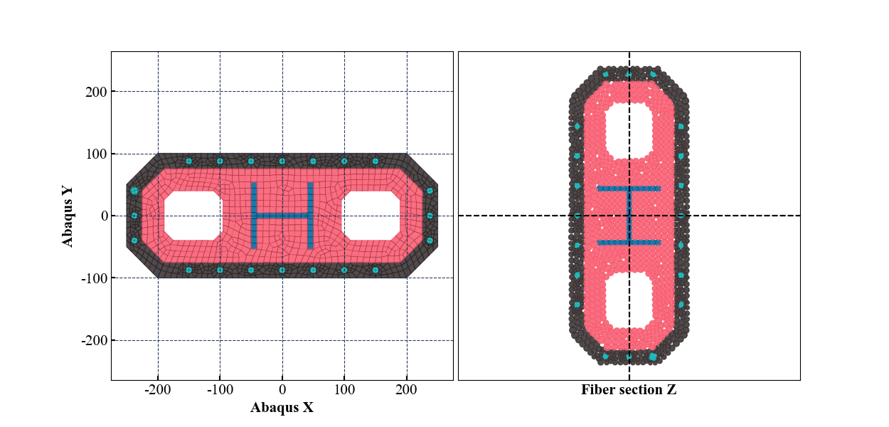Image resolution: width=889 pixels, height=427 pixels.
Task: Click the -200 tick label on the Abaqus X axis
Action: [x=157, y=391]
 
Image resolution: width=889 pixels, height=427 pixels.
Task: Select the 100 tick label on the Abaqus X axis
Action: [x=344, y=391]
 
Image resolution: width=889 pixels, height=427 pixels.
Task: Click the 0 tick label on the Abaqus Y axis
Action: [x=103, y=216]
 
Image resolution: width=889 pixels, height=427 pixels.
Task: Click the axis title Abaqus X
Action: [x=282, y=408]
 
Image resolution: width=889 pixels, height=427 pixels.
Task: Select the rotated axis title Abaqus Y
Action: [x=68, y=216]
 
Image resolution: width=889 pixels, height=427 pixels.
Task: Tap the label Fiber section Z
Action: [x=629, y=389]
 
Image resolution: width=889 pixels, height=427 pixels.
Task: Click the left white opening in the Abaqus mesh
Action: [x=193, y=216]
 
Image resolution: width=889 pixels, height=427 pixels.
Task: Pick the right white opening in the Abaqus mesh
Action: [x=371, y=216]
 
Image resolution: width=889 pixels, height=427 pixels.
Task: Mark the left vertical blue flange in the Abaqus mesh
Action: [x=254, y=216]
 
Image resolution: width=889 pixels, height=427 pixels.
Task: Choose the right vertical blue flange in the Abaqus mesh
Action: [x=310, y=216]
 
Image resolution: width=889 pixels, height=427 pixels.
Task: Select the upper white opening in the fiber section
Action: [x=629, y=129]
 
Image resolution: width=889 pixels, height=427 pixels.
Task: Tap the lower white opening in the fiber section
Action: [x=629, y=302]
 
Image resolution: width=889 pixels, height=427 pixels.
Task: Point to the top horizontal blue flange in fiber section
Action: [x=629, y=189]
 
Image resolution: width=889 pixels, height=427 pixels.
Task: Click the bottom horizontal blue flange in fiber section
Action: [x=629, y=243]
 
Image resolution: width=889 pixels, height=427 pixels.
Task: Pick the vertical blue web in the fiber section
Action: [x=629, y=216]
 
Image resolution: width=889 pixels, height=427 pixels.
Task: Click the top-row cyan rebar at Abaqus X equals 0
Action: [x=282, y=161]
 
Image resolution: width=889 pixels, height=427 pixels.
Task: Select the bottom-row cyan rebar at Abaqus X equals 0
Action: [x=282, y=270]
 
